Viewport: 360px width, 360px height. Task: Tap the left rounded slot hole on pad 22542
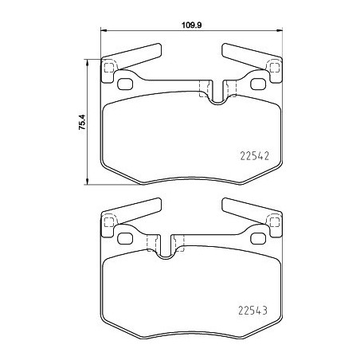125,84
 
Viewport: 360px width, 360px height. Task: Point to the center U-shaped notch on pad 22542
216,95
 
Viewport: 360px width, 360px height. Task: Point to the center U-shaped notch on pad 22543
166,248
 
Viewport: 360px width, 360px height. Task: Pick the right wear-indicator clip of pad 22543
248,210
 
